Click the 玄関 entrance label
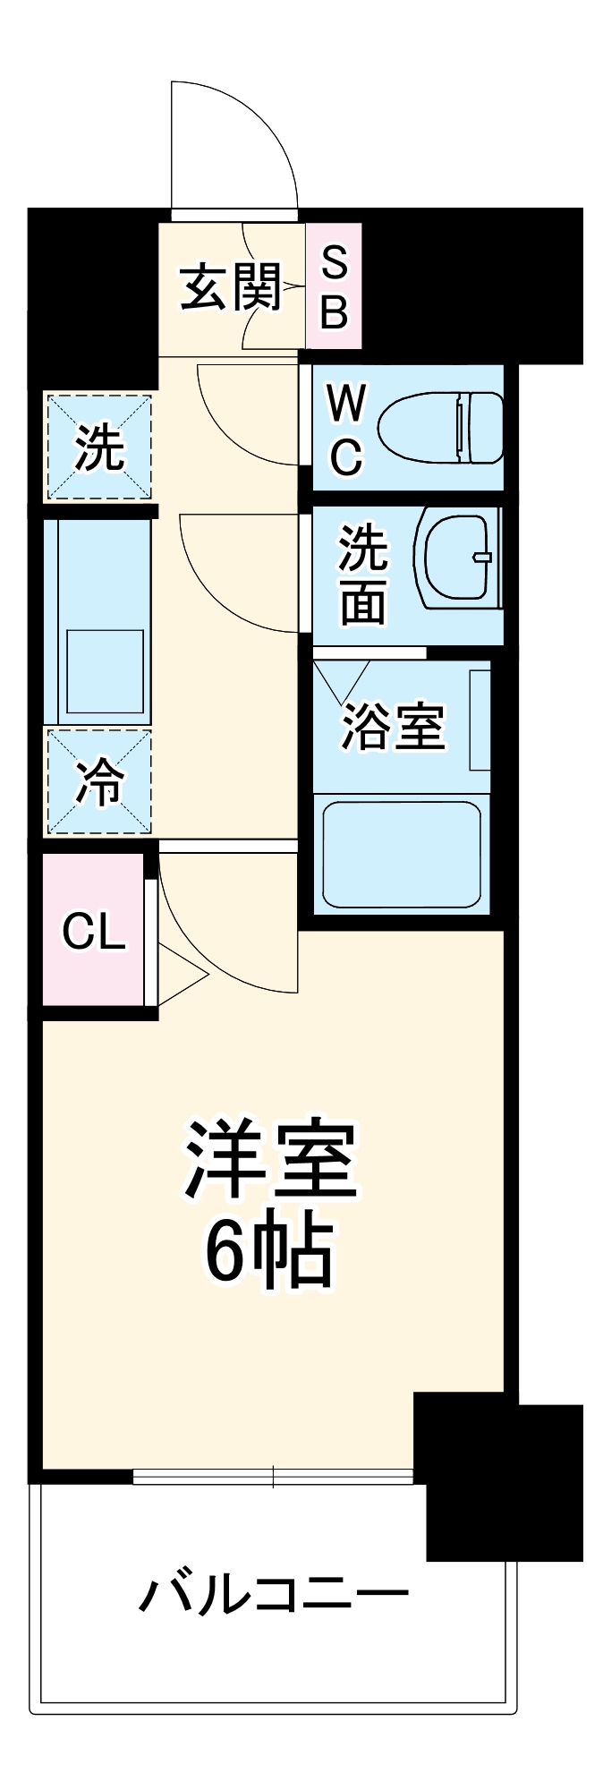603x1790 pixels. pyautogui.click(x=230, y=288)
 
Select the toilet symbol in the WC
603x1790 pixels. pyautogui.click(x=440, y=427)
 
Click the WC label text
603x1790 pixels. pyautogui.click(x=345, y=429)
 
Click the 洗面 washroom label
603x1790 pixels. pyautogui.click(x=362, y=575)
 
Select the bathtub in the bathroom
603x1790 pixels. pyautogui.click(x=402, y=852)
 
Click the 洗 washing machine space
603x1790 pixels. pyautogui.click(x=98, y=447)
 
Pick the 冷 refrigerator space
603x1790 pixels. pyautogui.click(x=98, y=781)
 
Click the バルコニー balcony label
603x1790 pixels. pyautogui.click(x=273, y=1595)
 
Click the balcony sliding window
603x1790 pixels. pyautogui.click(x=273, y=1476)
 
